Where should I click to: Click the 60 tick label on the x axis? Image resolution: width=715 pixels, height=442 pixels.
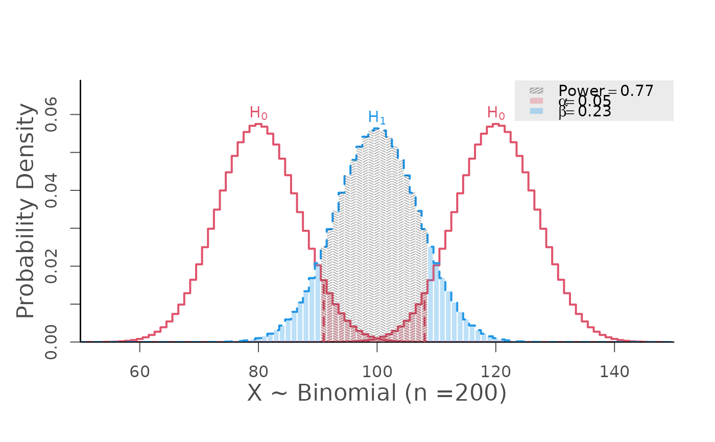(139, 372)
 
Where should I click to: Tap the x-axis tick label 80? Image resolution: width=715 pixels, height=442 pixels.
(258, 372)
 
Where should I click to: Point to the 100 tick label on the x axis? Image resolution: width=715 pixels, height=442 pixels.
(376, 372)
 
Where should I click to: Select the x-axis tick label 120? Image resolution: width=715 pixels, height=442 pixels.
(495, 372)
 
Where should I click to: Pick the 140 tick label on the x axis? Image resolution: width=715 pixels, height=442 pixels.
(614, 372)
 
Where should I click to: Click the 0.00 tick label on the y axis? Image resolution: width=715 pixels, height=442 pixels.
(51, 342)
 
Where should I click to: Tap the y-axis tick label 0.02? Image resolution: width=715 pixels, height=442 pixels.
(51, 266)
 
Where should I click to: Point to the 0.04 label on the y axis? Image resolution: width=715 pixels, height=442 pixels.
(51, 190)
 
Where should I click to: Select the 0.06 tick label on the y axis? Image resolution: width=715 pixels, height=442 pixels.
(51, 115)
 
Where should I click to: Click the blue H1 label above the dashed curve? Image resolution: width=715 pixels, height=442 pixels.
(377, 117)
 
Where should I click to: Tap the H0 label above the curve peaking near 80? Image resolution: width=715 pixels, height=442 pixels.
(258, 113)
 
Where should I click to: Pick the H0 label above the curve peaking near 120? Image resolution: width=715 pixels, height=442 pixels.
(496, 113)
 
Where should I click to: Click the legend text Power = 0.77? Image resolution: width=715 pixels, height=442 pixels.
(606, 91)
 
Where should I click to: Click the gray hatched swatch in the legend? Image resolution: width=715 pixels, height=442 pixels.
(536, 91)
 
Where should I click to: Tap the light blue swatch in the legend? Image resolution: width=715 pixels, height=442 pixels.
(536, 111)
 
